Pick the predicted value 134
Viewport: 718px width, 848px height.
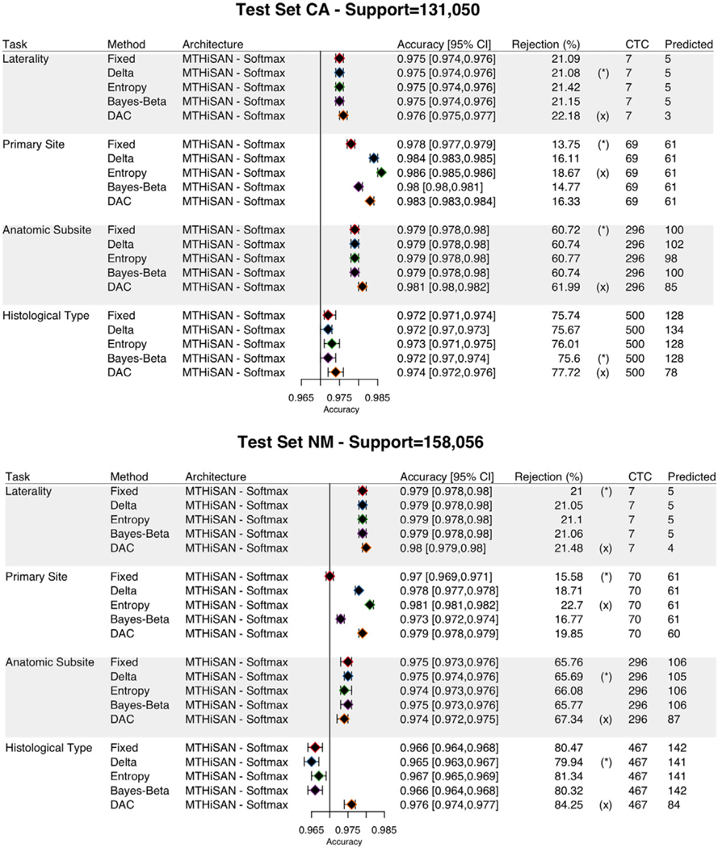(x=673, y=330)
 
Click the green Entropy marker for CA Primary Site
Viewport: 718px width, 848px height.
(x=381, y=173)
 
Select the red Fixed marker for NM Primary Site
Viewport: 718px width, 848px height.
(x=330, y=577)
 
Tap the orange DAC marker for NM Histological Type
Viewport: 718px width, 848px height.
(x=351, y=804)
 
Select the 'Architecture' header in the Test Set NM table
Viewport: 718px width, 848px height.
(x=216, y=477)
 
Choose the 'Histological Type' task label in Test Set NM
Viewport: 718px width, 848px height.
(x=48, y=748)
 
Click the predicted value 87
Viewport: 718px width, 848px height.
(x=673, y=719)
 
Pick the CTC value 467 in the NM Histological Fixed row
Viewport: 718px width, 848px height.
(x=637, y=748)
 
